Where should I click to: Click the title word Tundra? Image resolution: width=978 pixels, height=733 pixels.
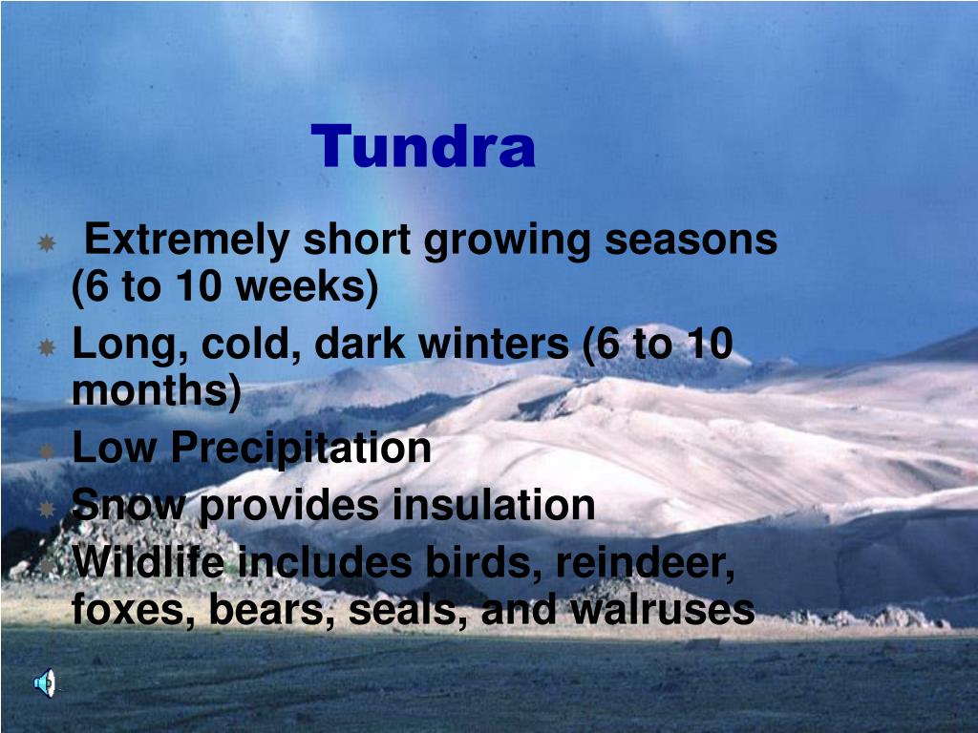point(423,146)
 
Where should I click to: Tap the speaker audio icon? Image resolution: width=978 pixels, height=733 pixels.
point(45,682)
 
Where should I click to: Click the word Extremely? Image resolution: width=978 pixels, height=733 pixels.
point(186,240)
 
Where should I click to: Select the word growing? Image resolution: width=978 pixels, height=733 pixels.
point(506,241)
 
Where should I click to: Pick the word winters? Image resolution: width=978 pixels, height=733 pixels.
point(493,344)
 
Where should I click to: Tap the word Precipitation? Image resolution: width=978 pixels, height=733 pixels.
point(301,449)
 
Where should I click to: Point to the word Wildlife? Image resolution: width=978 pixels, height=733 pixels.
point(148,561)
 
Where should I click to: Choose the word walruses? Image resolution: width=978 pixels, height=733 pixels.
point(663,609)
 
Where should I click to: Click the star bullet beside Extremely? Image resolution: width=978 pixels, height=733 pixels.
point(47,242)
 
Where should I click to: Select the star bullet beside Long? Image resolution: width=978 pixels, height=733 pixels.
point(47,346)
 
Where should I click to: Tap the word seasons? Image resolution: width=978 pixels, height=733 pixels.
point(691,241)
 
